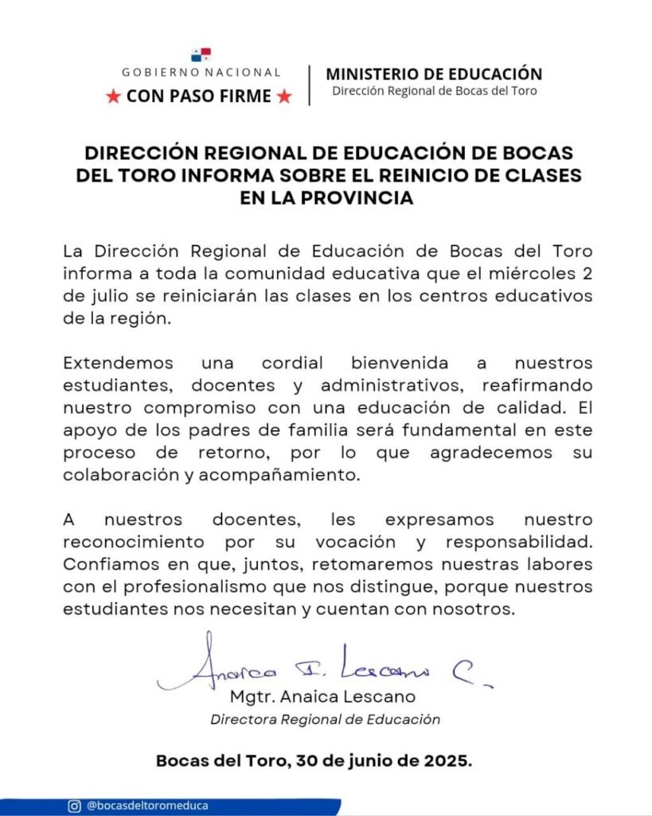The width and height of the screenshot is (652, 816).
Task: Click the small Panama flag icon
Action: click(x=201, y=55)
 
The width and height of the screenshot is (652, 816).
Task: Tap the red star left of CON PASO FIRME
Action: click(x=113, y=97)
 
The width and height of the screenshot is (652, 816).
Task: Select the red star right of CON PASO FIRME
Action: click(x=284, y=97)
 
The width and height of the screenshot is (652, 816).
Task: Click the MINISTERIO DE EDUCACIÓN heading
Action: click(x=434, y=74)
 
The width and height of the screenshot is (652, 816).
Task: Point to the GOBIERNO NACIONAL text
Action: click(x=201, y=73)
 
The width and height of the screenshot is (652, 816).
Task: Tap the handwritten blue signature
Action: click(x=318, y=666)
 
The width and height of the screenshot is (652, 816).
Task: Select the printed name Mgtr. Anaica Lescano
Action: click(x=322, y=696)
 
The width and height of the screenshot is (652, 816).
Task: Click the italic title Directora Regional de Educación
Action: click(x=325, y=719)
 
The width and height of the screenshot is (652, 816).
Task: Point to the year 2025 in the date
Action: click(x=449, y=760)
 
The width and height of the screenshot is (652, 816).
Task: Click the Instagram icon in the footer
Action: click(x=74, y=806)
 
